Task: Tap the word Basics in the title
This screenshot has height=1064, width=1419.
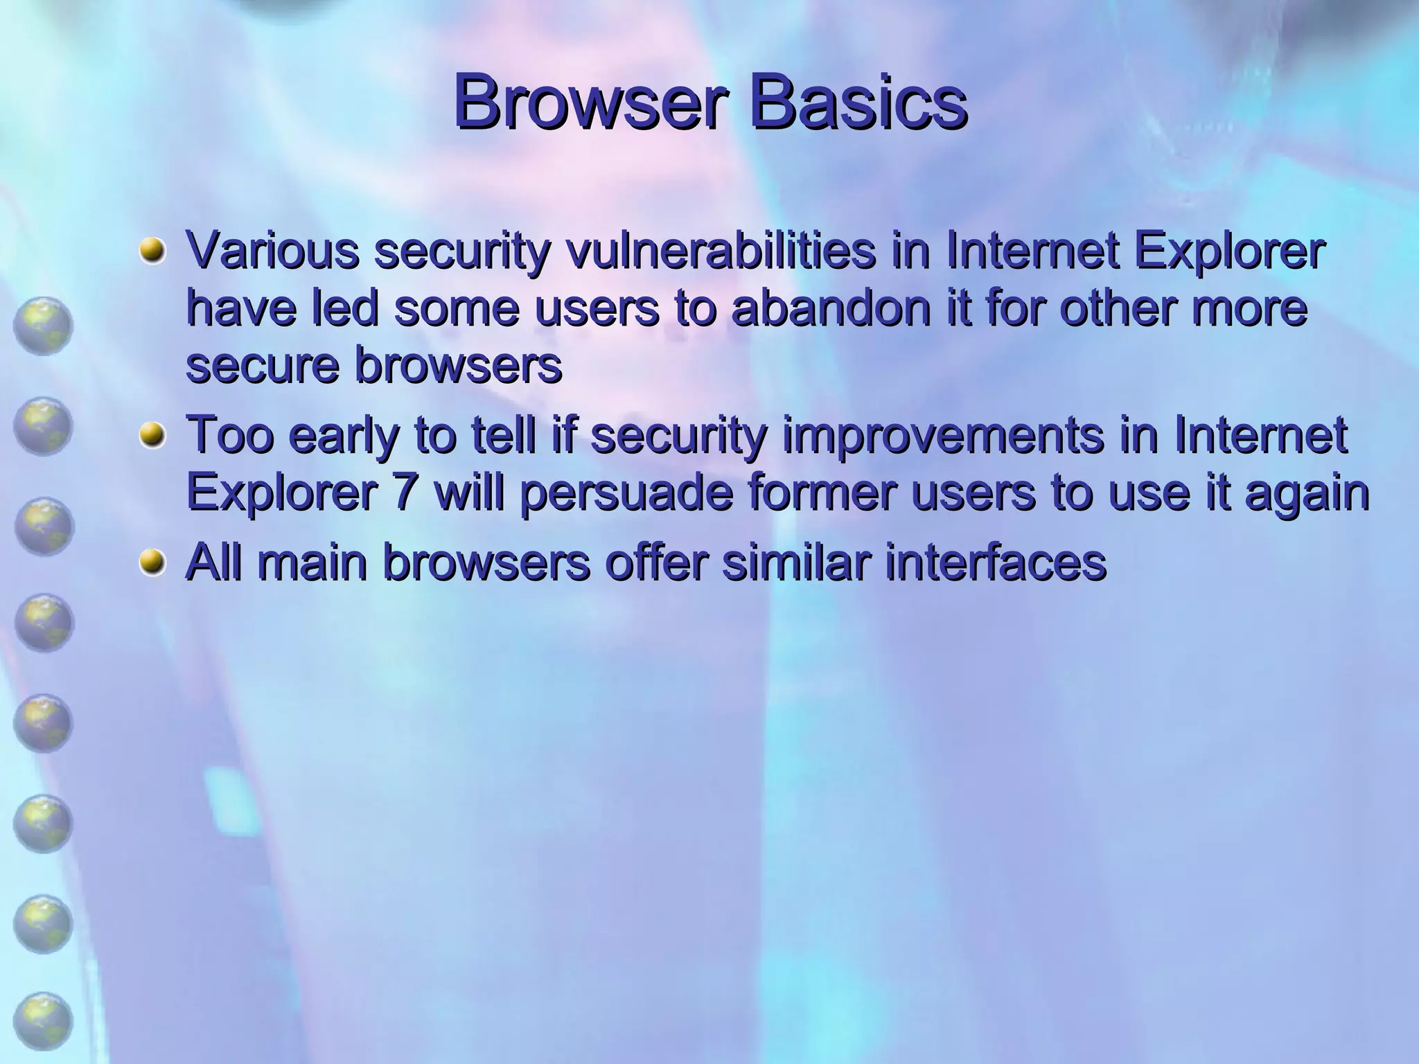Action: [859, 104]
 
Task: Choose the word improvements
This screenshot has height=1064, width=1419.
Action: [943, 435]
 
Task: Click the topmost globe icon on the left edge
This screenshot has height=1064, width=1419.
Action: [43, 326]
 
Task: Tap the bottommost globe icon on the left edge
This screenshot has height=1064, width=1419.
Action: [43, 1022]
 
